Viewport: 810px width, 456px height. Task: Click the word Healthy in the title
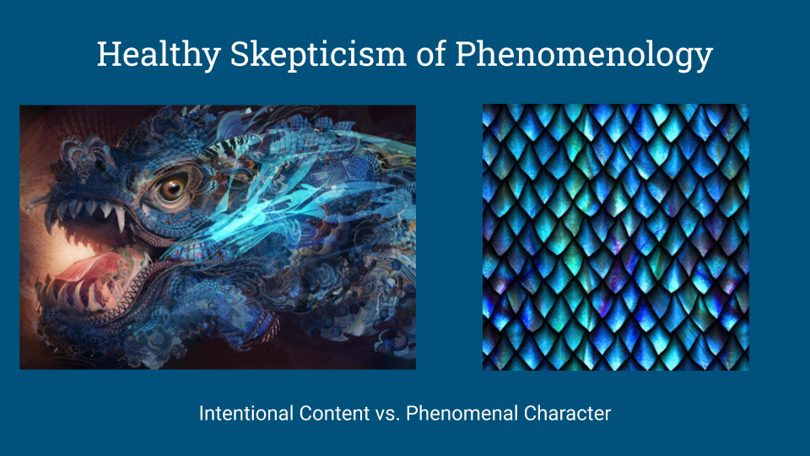pos(159,55)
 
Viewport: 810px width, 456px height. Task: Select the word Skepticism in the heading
pos(318,55)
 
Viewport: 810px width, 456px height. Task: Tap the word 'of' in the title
pos(431,54)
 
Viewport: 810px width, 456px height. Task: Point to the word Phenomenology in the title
pos(584,55)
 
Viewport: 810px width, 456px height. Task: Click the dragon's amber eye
pos(173,187)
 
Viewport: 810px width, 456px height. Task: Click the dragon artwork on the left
pos(218,237)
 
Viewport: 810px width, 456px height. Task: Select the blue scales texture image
pos(616,237)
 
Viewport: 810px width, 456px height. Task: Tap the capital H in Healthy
pos(109,54)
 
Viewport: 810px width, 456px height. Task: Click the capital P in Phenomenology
pos(466,54)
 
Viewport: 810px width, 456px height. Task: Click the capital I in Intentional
pos(201,414)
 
